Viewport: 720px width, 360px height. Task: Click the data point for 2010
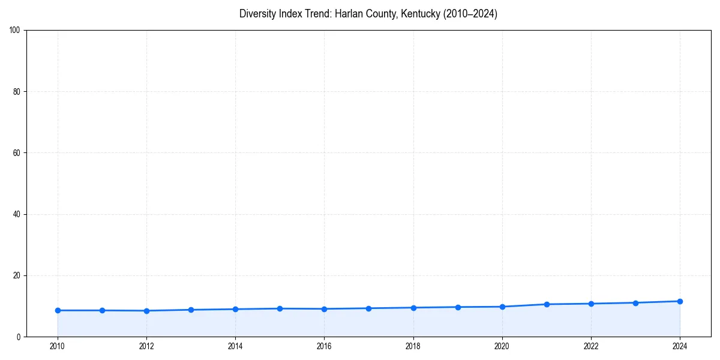(58, 310)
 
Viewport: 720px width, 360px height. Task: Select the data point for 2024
(680, 301)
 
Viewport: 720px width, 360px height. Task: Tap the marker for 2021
(547, 304)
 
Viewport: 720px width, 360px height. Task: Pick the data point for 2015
(280, 308)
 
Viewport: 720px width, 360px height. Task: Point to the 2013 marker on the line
(191, 310)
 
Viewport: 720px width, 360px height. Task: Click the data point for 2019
(458, 307)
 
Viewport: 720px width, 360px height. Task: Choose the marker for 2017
(368, 308)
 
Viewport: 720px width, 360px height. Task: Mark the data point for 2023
(635, 303)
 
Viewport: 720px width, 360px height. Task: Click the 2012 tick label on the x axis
(146, 346)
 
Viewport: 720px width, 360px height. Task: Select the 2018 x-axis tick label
(413, 346)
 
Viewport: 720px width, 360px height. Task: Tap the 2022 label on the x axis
(591, 346)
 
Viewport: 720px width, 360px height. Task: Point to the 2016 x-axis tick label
(324, 346)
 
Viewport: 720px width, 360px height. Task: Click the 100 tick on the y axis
(15, 30)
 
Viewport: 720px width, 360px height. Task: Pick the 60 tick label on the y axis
(17, 153)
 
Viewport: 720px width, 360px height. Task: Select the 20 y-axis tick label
(17, 275)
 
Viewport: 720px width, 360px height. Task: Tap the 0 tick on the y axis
(19, 337)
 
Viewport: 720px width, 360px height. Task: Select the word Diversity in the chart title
(257, 14)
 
